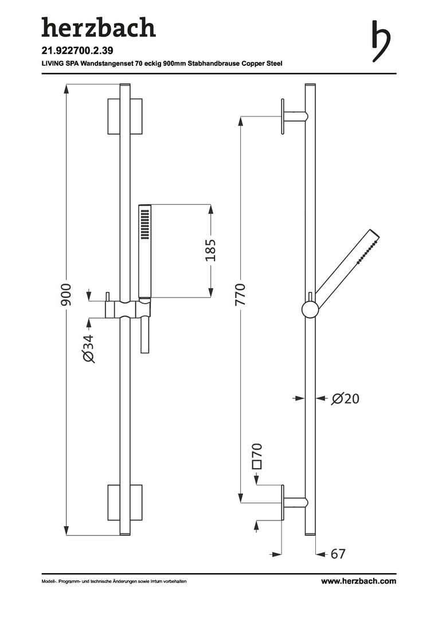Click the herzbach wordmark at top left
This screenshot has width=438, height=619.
pyautogui.click(x=99, y=28)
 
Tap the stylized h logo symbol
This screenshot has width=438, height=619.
pyautogui.click(x=381, y=41)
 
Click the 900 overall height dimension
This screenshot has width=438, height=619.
pyautogui.click(x=65, y=295)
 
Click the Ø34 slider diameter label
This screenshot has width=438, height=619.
pyautogui.click(x=89, y=348)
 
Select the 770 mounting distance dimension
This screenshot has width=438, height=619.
pyautogui.click(x=240, y=295)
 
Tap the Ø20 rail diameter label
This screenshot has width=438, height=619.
pyautogui.click(x=345, y=399)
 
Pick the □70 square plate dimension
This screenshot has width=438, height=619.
pyautogui.click(x=257, y=456)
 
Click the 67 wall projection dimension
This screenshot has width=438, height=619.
pyautogui.click(x=338, y=554)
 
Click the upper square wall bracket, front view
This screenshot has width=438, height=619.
pyautogui.click(x=125, y=116)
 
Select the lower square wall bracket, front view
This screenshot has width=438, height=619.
pyautogui.click(x=125, y=503)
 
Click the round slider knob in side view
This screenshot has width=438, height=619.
pyautogui.click(x=310, y=309)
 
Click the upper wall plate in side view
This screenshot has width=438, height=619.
pyautogui.click(x=283, y=116)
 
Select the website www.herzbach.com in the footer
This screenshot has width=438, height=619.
pyautogui.click(x=359, y=581)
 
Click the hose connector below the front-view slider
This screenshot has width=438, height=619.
pyautogui.click(x=145, y=335)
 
